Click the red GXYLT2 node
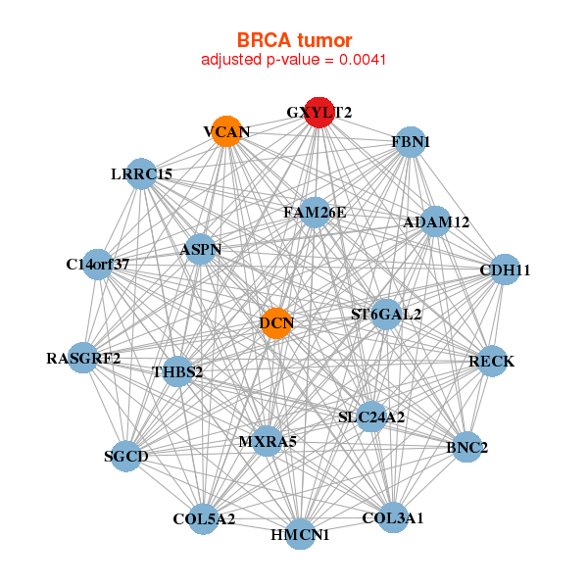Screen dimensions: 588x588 pos(319,113)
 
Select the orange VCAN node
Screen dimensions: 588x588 pos(227,131)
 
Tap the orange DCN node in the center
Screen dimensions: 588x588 pos(277,321)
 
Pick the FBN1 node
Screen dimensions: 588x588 pos(412,142)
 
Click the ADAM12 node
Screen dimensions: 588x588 pos(436,222)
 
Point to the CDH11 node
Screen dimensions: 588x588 pos(504,269)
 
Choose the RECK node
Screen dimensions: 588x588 pos(491,362)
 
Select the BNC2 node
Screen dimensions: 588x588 pos(466,448)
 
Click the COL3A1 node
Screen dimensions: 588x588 pos(393,517)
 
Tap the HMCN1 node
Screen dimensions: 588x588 pos(300,534)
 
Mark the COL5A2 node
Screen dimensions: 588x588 pos(204,518)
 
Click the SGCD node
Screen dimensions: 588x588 pos(126,456)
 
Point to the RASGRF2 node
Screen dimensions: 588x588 pos(83,358)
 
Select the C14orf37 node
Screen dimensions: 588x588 pos(98,264)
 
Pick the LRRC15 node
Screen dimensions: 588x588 pos(142,174)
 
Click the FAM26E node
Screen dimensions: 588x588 pos(315,212)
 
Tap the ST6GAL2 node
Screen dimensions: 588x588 pos(386,315)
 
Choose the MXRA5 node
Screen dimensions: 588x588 pos(267,441)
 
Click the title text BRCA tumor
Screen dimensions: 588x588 pos(293,40)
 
